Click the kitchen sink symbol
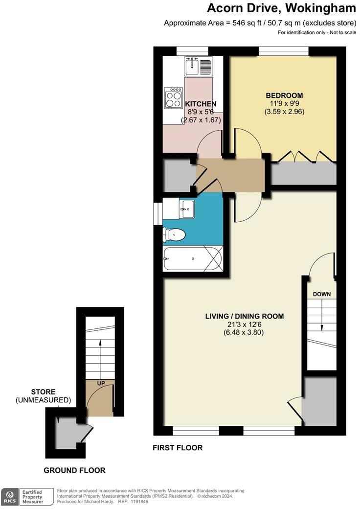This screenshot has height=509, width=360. pos(199,66)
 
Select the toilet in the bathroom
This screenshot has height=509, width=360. pos(174,235)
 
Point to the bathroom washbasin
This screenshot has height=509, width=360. pos(186,209)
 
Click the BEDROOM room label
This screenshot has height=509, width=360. pos(284,95)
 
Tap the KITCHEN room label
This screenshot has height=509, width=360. pos(201,104)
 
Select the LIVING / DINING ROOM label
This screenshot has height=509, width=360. pos(244,316)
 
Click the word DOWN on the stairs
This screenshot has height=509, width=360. pos(322,294)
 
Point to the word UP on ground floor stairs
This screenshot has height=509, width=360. pos(100,383)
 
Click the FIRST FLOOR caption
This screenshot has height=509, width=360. pos(178,448)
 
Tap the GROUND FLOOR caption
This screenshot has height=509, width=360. pos(74,470)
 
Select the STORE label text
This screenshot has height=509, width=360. pos(43,392)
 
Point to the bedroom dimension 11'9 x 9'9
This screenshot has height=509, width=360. pos(284,103)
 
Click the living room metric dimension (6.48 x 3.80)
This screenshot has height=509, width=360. pos(244,332)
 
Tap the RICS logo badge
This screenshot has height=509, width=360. pos(9,496)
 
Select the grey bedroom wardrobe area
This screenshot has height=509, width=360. pos(304,173)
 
